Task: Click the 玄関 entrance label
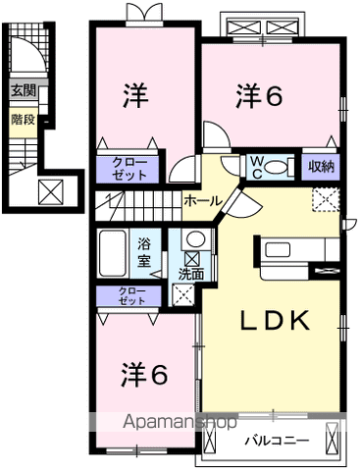[23, 90]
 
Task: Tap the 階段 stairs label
[23, 120]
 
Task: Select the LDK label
[275, 321]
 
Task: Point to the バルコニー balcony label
[277, 441]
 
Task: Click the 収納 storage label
[322, 167]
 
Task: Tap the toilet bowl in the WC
[274, 168]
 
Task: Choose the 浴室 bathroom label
[144, 252]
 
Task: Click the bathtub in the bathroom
[113, 253]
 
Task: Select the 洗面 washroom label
[191, 274]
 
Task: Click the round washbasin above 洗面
[195, 239]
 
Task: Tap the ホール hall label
[203, 200]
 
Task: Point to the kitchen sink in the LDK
[278, 250]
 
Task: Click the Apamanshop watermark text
[180, 422]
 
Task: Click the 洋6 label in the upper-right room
[259, 96]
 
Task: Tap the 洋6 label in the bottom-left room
[145, 374]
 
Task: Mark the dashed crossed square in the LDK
[326, 199]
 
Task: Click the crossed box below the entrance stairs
[51, 192]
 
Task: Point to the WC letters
[257, 168]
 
